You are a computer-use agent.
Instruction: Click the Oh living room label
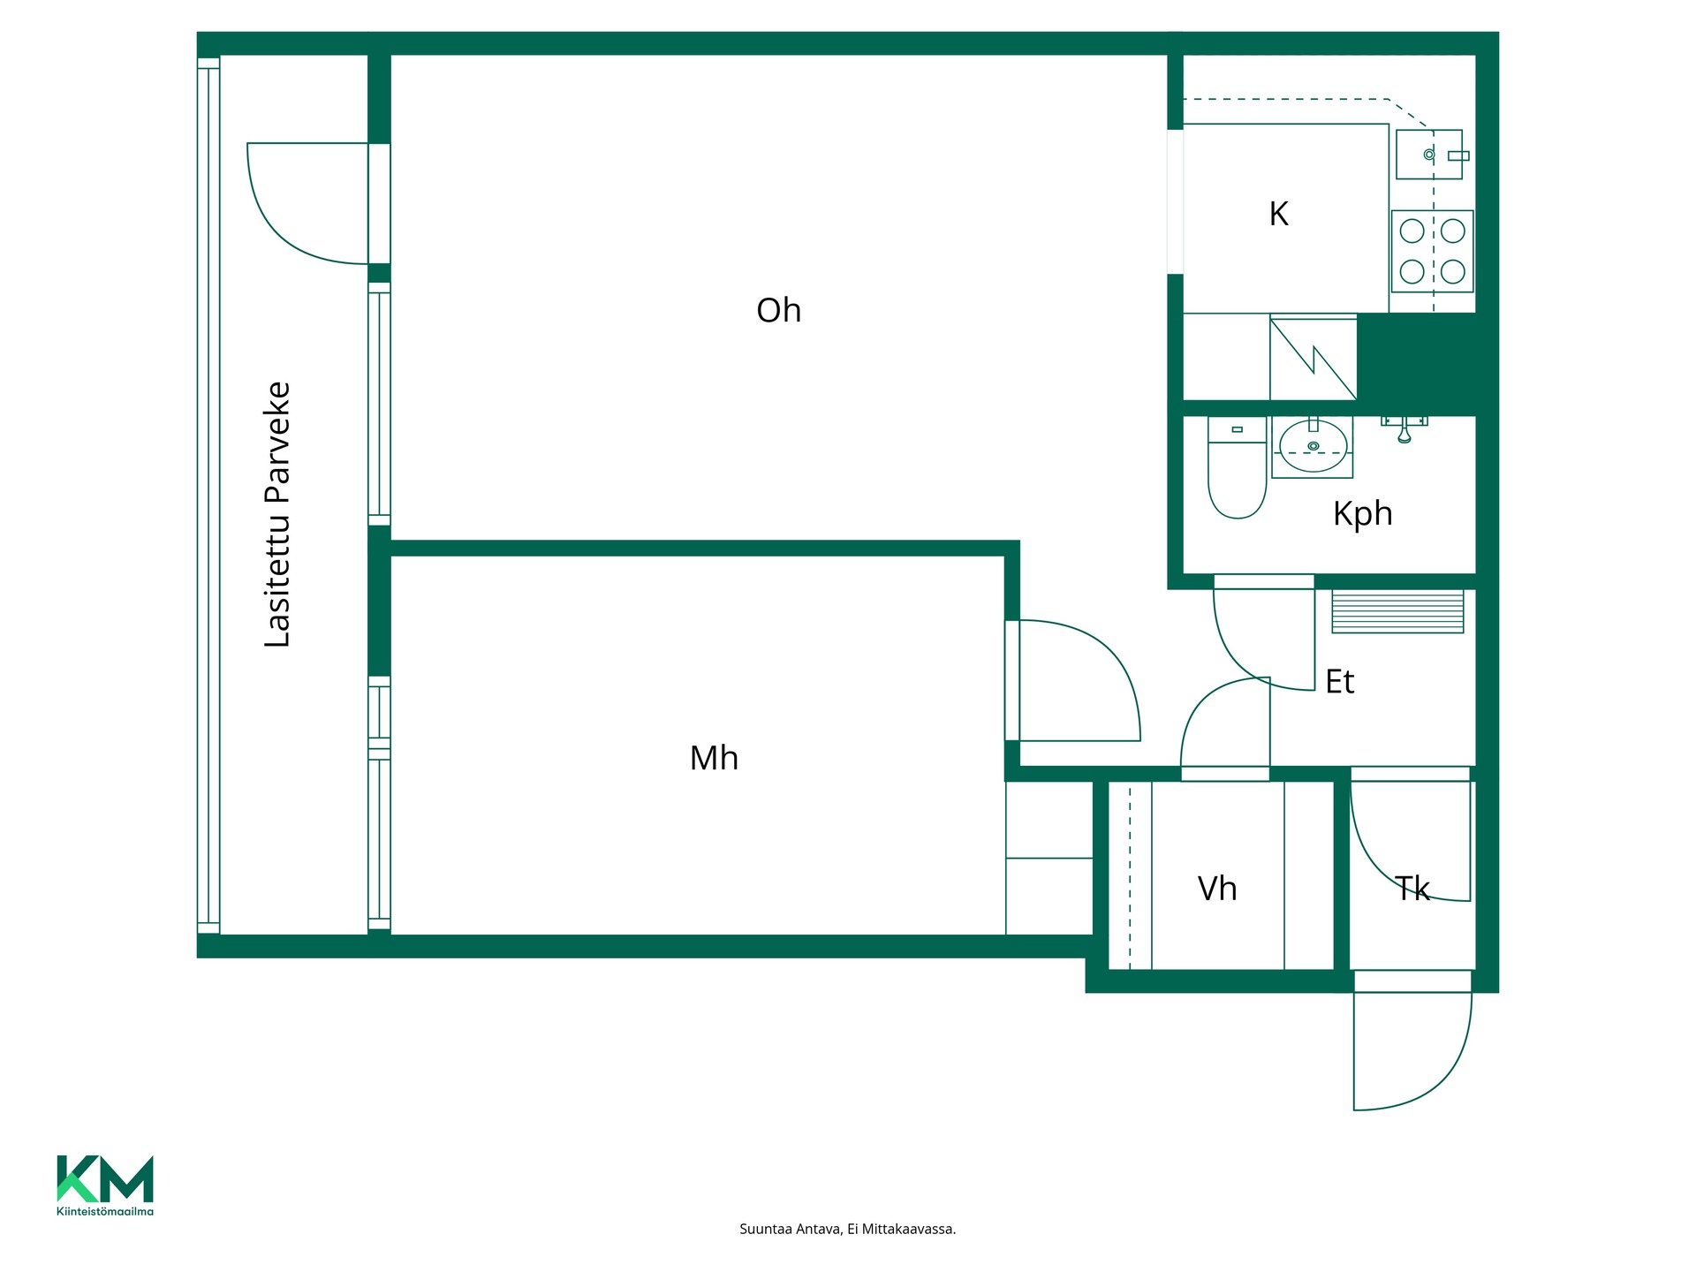(x=778, y=310)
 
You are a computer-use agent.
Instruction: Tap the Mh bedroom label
(x=714, y=758)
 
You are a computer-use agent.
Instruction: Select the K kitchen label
(x=1278, y=214)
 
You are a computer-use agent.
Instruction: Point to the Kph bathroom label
(x=1362, y=514)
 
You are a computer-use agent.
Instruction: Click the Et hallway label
(x=1340, y=682)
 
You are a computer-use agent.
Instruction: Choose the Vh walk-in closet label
(x=1217, y=889)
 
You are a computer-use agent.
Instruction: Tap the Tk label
(x=1412, y=889)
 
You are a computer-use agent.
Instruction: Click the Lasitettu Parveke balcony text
(x=277, y=515)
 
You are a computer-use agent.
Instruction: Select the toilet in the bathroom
(x=1237, y=467)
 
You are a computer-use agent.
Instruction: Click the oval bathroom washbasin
(x=1314, y=446)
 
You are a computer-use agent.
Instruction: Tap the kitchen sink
(x=1429, y=155)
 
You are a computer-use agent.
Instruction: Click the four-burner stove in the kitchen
(x=1432, y=251)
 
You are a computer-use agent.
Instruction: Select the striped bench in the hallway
(x=1397, y=611)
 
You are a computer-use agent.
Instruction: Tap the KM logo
(x=105, y=1178)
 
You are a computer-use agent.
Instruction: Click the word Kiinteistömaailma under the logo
(x=105, y=1211)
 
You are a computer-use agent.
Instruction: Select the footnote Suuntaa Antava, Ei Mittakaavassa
(x=848, y=1229)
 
